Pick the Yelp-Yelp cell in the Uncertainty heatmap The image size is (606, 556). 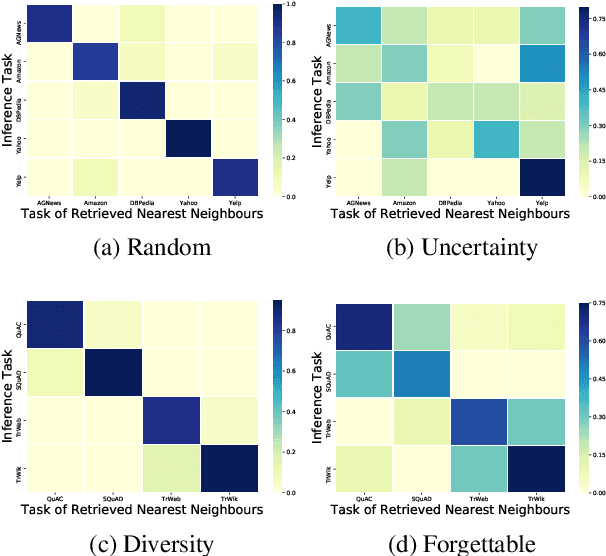coord(540,178)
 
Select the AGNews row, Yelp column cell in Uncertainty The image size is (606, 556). coord(540,26)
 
